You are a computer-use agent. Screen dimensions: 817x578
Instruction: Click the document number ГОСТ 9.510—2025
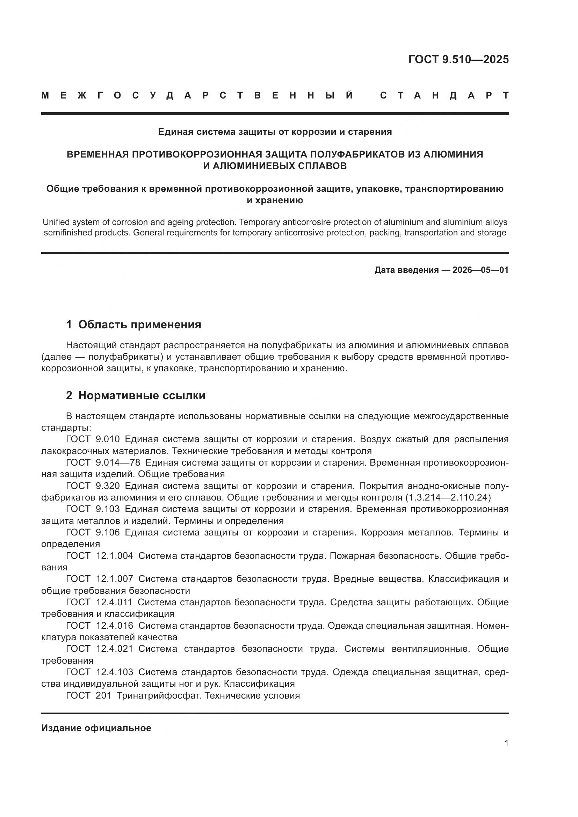point(458,59)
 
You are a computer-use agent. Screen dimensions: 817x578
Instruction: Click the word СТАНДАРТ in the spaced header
point(445,96)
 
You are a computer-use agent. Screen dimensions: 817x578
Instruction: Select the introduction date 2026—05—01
point(481,270)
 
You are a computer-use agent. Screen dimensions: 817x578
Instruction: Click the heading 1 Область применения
point(133,324)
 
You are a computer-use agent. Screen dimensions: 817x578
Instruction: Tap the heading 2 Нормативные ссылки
point(136,395)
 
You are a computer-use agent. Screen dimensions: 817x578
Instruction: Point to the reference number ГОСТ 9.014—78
point(103,462)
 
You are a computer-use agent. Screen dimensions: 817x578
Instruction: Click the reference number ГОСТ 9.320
point(93,486)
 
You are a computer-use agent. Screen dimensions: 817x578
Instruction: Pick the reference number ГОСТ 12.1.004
point(100,556)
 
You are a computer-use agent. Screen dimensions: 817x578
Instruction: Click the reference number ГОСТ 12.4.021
point(100,649)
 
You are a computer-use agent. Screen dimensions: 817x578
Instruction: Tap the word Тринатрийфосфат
point(159,695)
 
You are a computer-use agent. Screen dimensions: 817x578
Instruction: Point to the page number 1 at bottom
point(506,743)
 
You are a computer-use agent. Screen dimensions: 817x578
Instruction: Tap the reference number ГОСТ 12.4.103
point(100,672)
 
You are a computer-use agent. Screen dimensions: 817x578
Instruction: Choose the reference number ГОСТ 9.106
point(93,533)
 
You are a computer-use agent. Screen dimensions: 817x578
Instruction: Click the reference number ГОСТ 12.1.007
point(100,579)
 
